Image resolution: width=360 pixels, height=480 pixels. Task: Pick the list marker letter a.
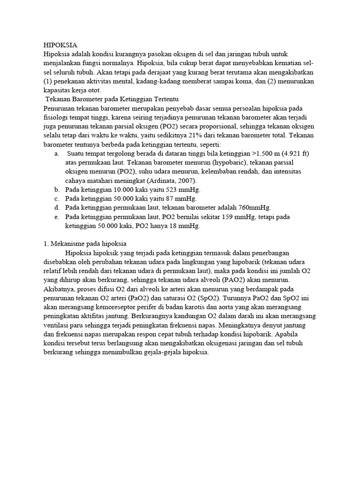57,154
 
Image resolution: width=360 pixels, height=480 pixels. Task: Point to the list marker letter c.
57,198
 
